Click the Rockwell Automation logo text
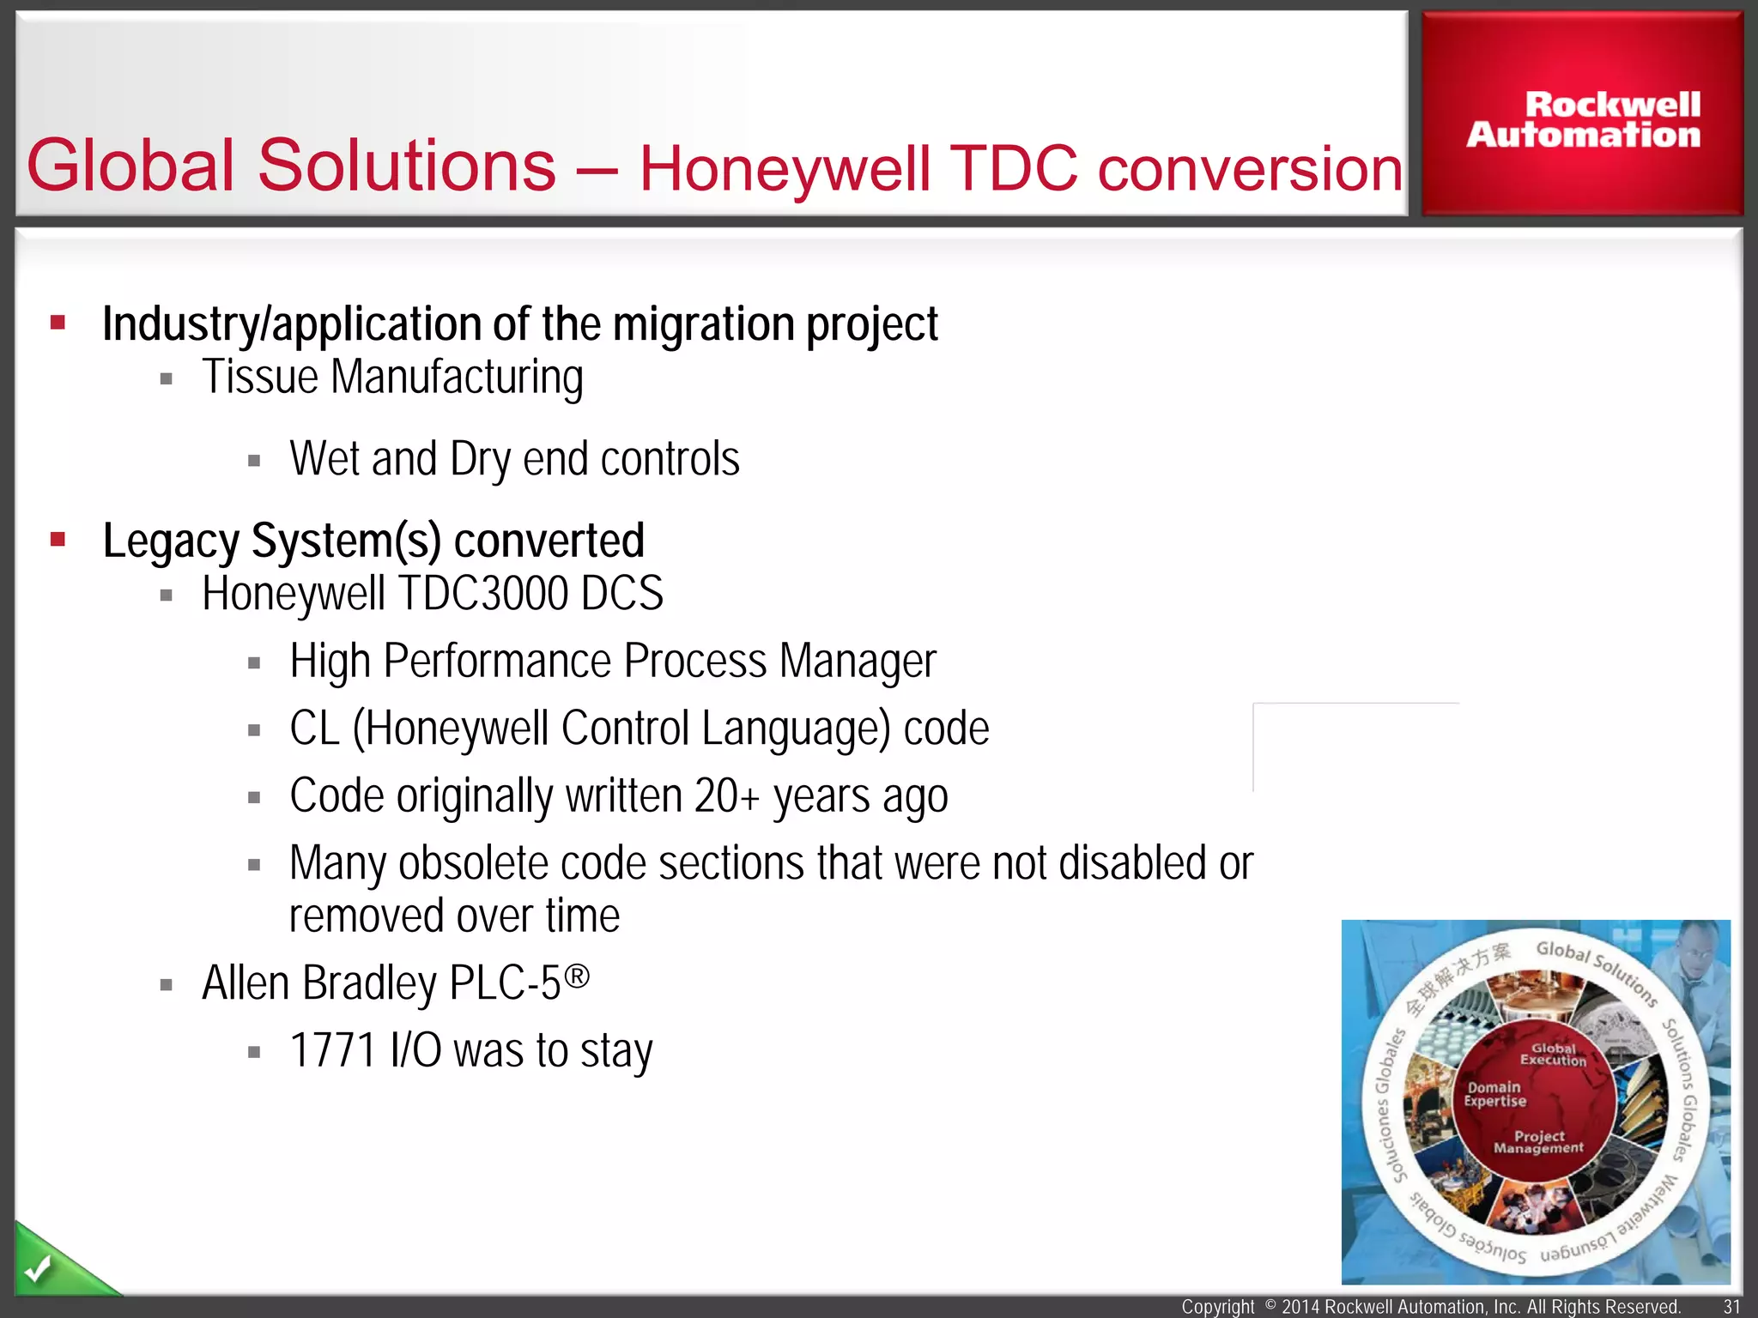point(1583,120)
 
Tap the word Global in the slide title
point(130,165)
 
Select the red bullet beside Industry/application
point(58,323)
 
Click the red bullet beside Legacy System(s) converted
point(58,540)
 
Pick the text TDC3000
point(483,594)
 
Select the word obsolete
point(473,863)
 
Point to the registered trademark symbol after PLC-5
point(578,976)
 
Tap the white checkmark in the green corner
point(38,1268)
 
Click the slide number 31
point(1731,1307)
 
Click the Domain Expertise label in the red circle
point(1494,1094)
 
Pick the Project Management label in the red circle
point(1538,1142)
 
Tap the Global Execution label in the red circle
point(1553,1055)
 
